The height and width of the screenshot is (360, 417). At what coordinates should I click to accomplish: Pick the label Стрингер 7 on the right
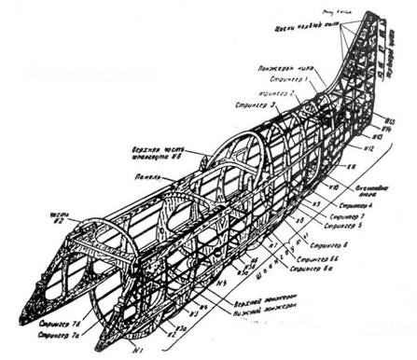(354, 215)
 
